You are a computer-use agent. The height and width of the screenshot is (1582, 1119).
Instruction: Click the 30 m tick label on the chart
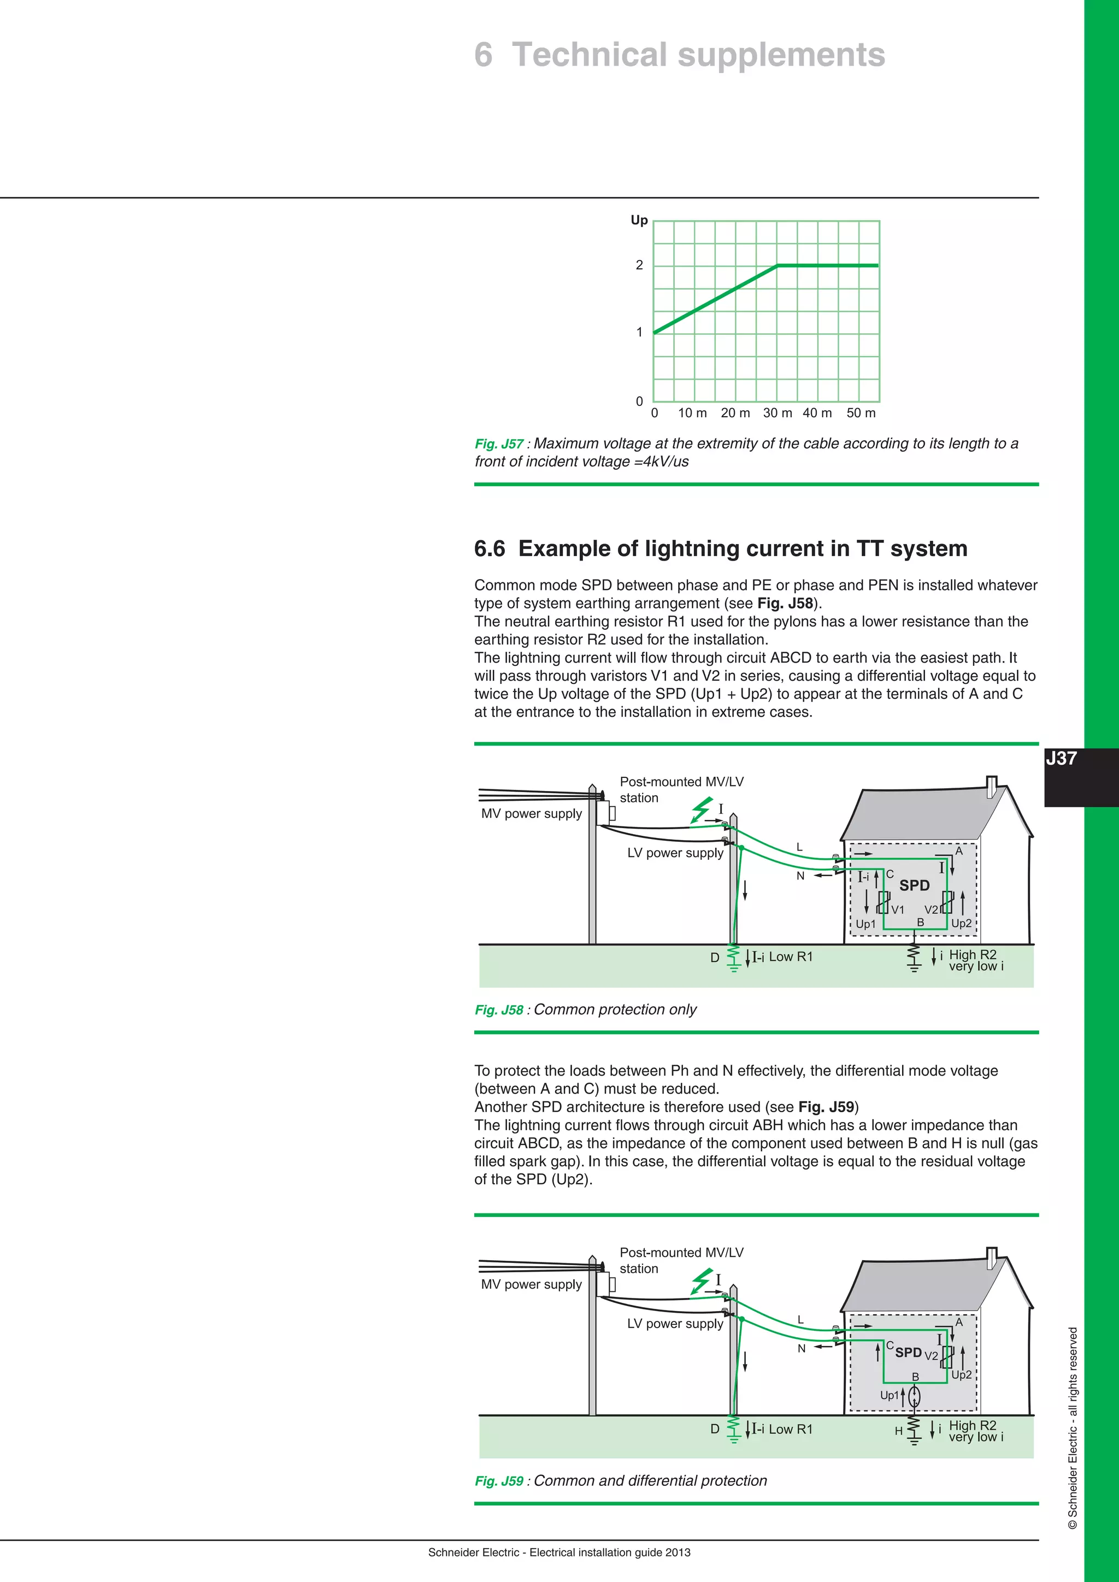click(x=778, y=413)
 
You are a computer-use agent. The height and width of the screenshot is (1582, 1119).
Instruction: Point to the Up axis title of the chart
click(x=639, y=221)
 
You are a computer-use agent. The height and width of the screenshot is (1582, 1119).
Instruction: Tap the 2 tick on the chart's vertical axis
click(x=639, y=265)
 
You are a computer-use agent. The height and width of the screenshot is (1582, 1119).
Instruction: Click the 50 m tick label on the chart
click(x=861, y=413)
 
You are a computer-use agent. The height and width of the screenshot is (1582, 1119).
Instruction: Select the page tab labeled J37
click(x=1061, y=759)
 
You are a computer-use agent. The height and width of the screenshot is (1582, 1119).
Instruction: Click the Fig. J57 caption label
click(x=499, y=444)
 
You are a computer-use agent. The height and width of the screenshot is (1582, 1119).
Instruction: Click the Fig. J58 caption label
click(x=499, y=1010)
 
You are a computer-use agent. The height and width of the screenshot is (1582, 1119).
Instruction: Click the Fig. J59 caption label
click(x=499, y=1481)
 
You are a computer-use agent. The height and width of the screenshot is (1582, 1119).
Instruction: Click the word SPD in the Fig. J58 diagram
click(x=914, y=886)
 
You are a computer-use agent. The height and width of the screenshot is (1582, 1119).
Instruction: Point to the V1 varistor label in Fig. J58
click(x=898, y=910)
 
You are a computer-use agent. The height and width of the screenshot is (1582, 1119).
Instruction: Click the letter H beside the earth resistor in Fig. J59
click(x=898, y=1431)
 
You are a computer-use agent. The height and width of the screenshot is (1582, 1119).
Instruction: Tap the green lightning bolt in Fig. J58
click(x=701, y=810)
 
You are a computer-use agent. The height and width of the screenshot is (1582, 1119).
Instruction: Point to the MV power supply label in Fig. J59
click(x=531, y=1284)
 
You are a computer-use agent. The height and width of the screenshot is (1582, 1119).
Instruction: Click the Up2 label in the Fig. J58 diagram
click(x=961, y=923)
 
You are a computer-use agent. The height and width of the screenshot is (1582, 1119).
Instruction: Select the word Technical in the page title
click(x=590, y=55)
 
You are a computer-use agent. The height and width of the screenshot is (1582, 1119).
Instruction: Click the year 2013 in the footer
click(x=678, y=1553)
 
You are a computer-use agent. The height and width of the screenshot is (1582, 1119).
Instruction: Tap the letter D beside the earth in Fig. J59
click(x=715, y=1429)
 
